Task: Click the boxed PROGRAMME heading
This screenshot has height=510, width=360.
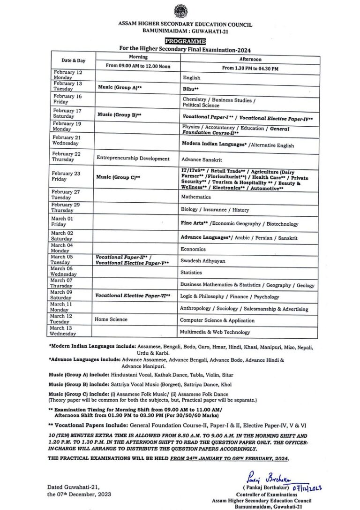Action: pos(179,41)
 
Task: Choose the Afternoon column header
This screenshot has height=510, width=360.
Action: pos(250,60)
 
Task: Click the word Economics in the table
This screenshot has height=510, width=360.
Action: pos(193,249)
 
